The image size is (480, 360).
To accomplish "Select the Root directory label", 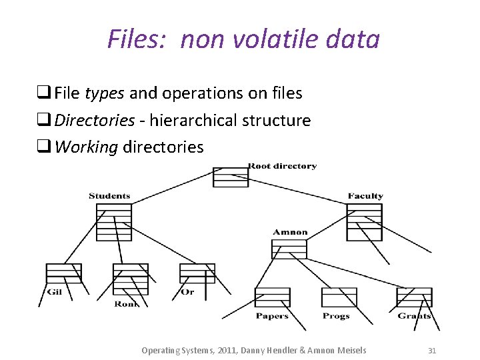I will (x=283, y=166).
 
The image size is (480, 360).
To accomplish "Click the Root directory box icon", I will (x=230, y=177).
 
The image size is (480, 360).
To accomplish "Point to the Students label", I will (x=109, y=196).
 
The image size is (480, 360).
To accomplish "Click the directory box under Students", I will (x=114, y=222).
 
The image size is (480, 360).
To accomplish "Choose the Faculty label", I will (x=365, y=196).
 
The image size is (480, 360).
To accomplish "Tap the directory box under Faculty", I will (x=364, y=222).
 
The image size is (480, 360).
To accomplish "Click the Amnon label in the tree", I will (x=290, y=233).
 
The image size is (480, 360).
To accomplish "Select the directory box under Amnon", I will (x=289, y=249).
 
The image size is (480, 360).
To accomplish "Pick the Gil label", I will (x=55, y=292).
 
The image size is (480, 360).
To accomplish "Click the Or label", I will (x=188, y=292).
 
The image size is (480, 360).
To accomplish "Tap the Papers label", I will (x=272, y=316).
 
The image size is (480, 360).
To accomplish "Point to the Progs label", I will (x=336, y=316).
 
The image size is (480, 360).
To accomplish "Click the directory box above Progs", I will (x=339, y=297).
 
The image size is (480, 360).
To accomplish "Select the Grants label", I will (x=415, y=316).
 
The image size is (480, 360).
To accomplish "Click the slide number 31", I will (x=431, y=350).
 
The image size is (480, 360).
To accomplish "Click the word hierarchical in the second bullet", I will (x=194, y=121).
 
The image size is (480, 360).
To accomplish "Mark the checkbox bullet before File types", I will (x=46, y=94).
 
